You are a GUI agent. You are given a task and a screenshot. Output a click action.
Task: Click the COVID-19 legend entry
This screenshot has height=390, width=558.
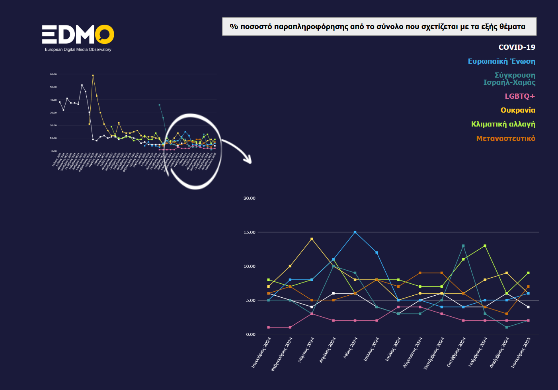[x=517, y=47]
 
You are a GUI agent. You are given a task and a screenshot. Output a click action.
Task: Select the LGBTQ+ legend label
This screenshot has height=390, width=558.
[x=520, y=96]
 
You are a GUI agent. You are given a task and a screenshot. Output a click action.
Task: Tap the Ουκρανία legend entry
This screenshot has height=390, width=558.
[x=518, y=110]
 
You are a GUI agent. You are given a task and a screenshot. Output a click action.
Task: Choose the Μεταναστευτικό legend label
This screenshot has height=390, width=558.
[x=505, y=138]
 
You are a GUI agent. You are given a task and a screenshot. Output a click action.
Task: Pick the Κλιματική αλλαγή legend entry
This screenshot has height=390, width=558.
[x=503, y=124]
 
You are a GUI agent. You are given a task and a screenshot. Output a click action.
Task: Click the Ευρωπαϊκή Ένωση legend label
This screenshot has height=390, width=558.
[x=501, y=61]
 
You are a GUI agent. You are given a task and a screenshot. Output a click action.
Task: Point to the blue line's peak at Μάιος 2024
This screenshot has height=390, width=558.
[x=355, y=232]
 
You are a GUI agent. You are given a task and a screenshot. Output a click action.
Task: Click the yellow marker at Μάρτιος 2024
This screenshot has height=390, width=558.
[x=312, y=239]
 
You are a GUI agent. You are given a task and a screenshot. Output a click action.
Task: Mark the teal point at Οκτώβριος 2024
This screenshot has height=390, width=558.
[x=463, y=246]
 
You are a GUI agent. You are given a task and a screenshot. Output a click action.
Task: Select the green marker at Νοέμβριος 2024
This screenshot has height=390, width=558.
[x=485, y=246]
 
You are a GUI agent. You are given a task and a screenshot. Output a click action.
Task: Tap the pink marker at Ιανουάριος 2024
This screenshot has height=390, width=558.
[x=269, y=327]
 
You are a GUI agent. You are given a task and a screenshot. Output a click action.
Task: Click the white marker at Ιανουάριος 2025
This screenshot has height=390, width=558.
[x=528, y=307]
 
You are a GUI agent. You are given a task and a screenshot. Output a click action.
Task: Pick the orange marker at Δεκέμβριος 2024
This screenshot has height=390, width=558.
[x=507, y=314]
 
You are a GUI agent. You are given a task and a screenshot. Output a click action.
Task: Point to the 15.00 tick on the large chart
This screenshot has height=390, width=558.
[x=250, y=232]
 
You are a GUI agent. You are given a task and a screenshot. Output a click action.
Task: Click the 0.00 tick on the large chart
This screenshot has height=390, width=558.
[x=251, y=334]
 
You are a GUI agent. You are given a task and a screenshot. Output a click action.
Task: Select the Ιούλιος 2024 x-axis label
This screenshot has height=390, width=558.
[x=393, y=349]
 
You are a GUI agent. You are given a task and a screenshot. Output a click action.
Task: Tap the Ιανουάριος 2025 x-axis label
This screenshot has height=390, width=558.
[x=521, y=352]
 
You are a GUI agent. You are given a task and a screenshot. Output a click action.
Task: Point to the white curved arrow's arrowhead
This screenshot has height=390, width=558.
[x=248, y=160]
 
